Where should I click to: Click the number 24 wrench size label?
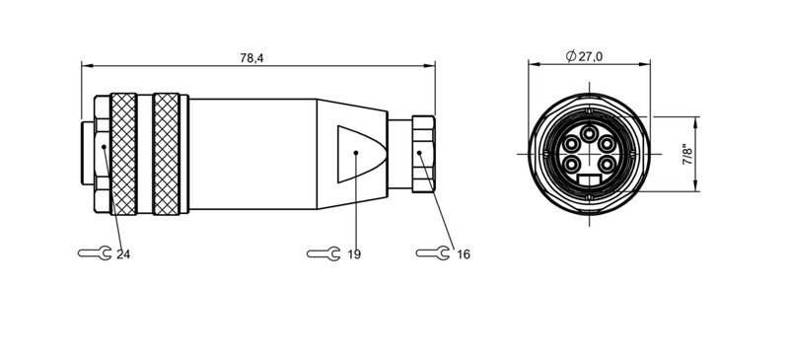coord(123,254)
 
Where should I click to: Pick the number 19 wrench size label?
coord(354,254)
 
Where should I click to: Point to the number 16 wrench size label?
coord(464,254)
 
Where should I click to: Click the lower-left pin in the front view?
coord(574,163)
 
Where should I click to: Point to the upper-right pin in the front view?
coord(609,147)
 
